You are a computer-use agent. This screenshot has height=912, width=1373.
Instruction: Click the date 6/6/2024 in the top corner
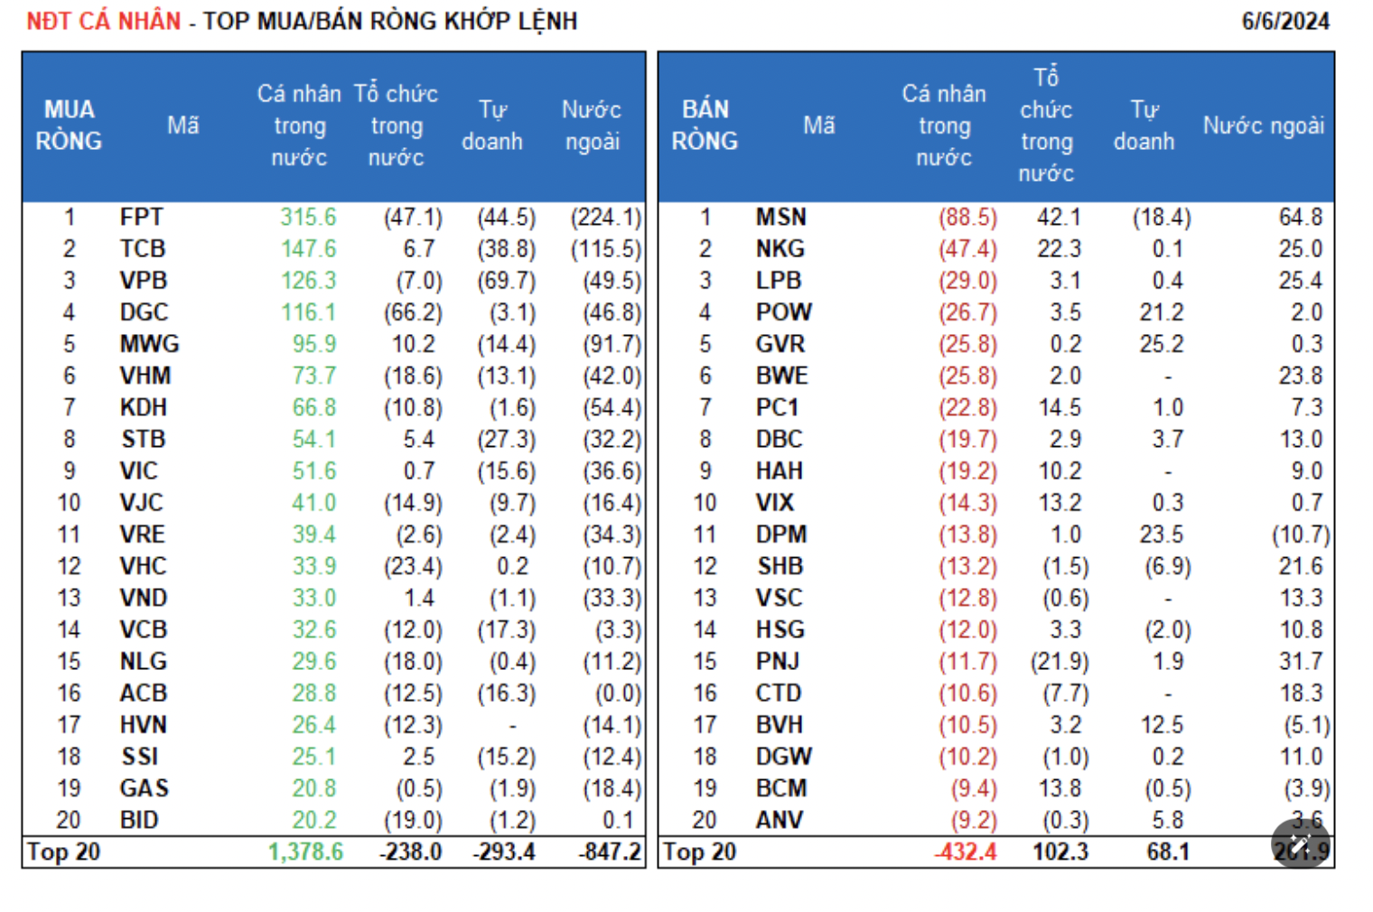[1284, 22]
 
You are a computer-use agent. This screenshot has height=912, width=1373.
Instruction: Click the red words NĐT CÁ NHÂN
[104, 22]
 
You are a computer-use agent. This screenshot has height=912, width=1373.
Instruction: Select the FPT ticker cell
[142, 218]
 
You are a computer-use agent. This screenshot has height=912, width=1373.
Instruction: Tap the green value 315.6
[308, 218]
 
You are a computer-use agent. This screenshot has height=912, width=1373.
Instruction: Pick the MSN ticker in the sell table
[780, 218]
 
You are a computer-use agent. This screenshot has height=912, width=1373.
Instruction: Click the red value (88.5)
[967, 218]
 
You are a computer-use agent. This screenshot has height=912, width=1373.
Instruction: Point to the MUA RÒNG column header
[69, 126]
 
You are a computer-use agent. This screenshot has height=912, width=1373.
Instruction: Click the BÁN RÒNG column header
[705, 126]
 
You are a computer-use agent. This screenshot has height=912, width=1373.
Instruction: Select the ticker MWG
[149, 344]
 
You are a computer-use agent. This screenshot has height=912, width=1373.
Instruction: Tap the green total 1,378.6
[305, 852]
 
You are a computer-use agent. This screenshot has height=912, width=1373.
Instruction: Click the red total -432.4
[966, 852]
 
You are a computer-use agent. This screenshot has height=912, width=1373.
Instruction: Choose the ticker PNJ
[778, 662]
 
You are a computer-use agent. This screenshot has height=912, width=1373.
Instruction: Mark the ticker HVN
[143, 725]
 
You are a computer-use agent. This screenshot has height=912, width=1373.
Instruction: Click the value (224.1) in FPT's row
[605, 218]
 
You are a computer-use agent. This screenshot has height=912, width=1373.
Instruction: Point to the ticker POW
[783, 312]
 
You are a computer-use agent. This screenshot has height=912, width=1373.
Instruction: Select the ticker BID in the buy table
[139, 821]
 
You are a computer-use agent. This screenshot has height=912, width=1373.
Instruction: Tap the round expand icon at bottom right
[1301, 844]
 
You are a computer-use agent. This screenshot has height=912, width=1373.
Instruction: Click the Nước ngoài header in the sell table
[1263, 126]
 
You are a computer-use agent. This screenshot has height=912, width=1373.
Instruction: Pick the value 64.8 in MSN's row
[1300, 218]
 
